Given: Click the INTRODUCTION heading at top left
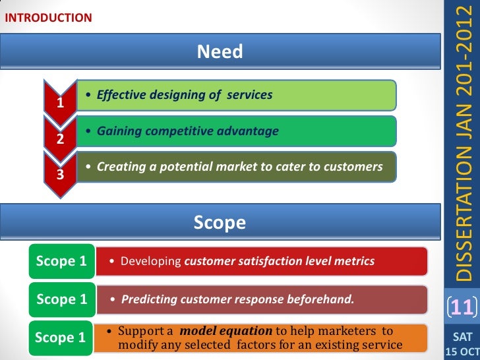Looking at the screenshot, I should coord(49,18).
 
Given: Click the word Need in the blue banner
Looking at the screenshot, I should coord(220,51).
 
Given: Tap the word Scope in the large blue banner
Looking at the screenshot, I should coord(220,223).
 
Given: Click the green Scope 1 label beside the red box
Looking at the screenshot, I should coord(61,261).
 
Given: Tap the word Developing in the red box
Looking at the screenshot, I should coord(151,262).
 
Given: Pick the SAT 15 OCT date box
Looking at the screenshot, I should coord(461,343).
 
